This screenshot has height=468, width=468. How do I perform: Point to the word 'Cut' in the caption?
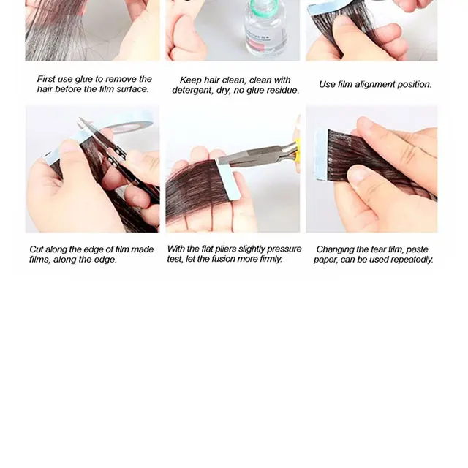[x=37, y=249]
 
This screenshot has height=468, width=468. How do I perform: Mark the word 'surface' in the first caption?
[x=132, y=89]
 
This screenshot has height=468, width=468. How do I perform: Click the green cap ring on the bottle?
[x=263, y=5]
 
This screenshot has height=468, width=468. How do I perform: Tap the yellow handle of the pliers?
[x=297, y=148]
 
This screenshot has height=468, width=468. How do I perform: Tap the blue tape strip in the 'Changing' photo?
[x=322, y=155]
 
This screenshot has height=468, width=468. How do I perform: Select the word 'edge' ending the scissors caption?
[x=105, y=260]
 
